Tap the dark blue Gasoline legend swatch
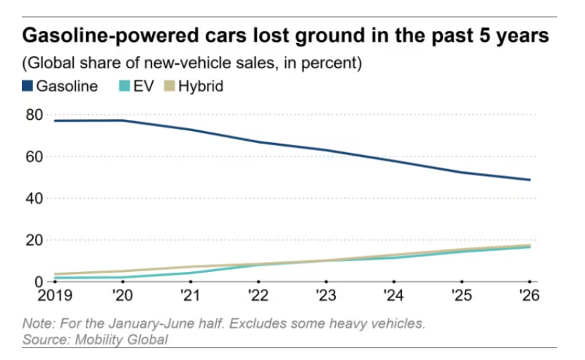pos(27,86)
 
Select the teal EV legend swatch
pos(124,86)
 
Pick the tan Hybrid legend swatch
pos(170,86)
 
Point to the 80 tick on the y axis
pos(34,115)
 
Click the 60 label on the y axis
pos(34,157)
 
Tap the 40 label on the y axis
pos(34,198)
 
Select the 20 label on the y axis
pos(34,240)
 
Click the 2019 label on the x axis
pos(55,295)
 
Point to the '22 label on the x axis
pos(258,295)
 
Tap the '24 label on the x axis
pos(394,295)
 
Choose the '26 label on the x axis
pos(529,295)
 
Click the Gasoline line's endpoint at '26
pos(529,180)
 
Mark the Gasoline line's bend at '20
pos(122,120)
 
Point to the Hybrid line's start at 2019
pos(55,274)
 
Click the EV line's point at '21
pos(191,273)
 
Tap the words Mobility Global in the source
pos(121,340)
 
